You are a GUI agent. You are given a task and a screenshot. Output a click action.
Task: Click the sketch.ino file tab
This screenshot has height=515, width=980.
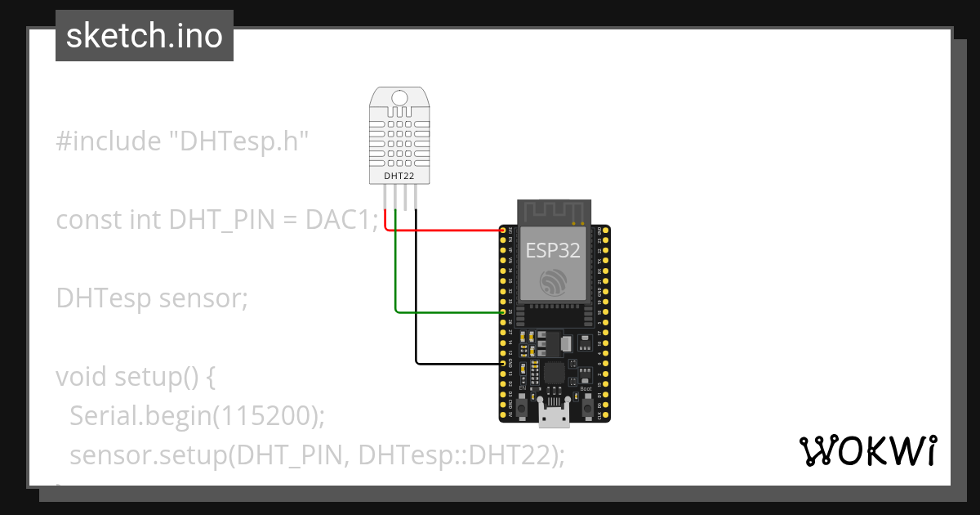coord(145,36)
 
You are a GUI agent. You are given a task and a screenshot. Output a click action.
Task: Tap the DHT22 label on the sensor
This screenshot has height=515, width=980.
coord(399,175)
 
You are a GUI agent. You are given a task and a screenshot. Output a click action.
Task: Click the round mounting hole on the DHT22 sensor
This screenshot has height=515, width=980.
coord(399,98)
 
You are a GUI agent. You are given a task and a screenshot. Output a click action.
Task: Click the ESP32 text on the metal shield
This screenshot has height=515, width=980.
coord(553,250)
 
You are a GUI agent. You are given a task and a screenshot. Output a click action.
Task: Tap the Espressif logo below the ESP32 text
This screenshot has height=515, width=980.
coord(553,283)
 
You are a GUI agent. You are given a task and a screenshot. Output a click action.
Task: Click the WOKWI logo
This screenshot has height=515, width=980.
coord(867,451)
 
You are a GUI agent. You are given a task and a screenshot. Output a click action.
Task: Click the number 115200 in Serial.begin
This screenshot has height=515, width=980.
coord(263,416)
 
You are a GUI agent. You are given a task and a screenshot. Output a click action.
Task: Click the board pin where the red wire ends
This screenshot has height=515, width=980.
coord(503,231)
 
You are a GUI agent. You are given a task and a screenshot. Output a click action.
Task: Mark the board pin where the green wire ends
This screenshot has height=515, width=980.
coord(503,311)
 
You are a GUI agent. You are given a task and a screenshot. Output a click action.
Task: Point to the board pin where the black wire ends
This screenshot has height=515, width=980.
coord(503,362)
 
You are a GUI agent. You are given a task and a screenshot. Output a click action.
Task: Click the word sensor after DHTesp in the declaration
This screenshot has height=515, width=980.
coord(203,298)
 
